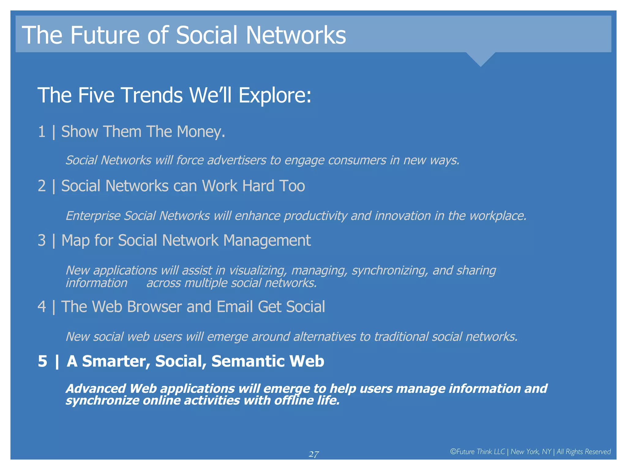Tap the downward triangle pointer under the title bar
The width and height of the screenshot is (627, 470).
tap(480, 58)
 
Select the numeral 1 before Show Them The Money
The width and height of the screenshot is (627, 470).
tap(42, 132)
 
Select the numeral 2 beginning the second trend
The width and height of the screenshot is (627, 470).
tap(42, 186)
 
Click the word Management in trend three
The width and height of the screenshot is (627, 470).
tap(267, 241)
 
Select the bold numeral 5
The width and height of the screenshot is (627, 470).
tap(43, 361)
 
